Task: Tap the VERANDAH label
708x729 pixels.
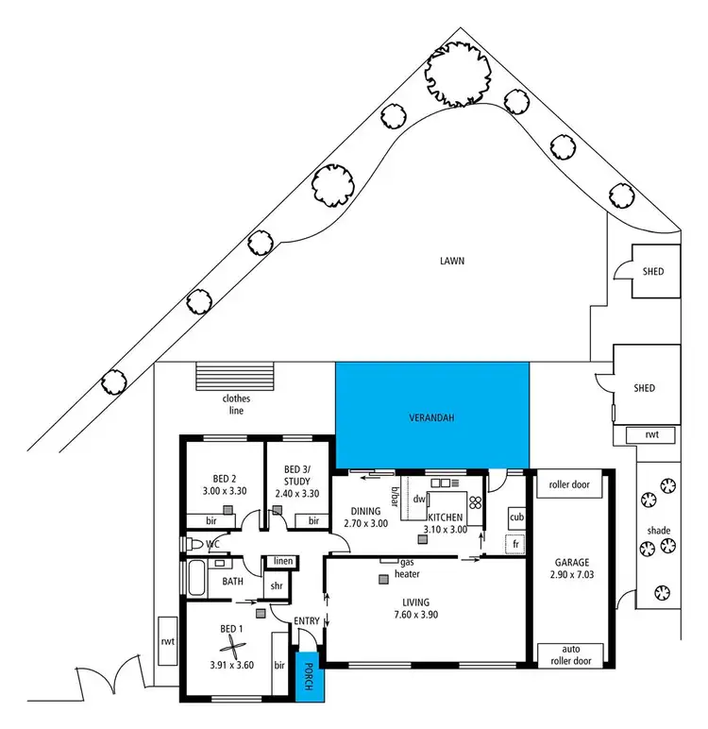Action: [432, 416]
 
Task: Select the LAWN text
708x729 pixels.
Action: [452, 260]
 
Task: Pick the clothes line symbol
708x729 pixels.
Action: [232, 376]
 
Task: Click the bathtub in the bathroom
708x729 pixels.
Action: [196, 577]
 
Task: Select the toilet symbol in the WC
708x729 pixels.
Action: [194, 545]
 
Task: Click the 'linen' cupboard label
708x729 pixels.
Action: [283, 562]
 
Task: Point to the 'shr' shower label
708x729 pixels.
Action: [277, 585]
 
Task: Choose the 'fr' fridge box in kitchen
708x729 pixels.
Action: [515, 545]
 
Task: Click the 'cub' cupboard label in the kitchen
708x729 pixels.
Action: [515, 517]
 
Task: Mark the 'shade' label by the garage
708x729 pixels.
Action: [659, 531]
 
